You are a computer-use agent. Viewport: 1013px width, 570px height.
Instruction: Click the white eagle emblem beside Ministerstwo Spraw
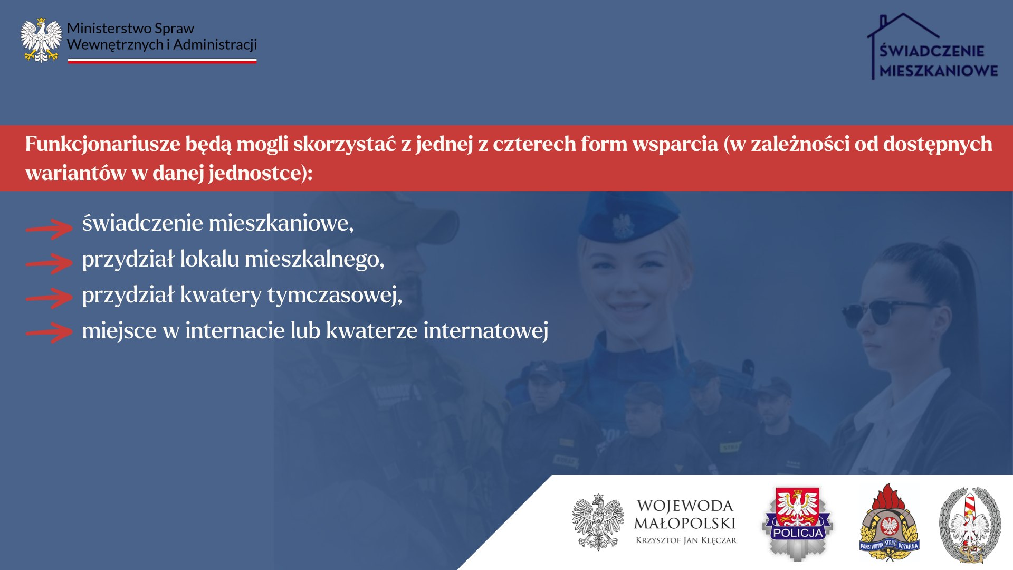tap(41, 41)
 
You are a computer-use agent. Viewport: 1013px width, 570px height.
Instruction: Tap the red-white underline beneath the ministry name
tap(162, 61)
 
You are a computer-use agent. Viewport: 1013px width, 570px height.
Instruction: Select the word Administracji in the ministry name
tap(215, 45)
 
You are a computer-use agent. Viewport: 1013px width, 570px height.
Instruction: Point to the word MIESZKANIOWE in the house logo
tap(939, 71)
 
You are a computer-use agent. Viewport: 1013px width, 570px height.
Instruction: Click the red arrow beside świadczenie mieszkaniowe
tap(49, 228)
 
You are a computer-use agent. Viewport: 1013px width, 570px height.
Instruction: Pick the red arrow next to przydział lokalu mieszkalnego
tap(49, 263)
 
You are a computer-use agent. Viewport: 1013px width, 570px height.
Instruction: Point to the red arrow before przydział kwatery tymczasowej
tap(49, 298)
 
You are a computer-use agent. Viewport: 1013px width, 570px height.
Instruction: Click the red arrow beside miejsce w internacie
tap(49, 332)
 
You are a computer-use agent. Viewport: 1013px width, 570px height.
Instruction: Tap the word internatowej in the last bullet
tap(486, 331)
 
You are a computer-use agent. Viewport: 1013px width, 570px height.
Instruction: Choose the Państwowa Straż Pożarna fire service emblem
tap(889, 522)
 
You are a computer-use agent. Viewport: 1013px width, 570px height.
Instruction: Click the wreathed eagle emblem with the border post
tap(970, 525)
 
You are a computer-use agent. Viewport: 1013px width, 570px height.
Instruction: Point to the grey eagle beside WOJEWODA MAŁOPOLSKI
tap(598, 522)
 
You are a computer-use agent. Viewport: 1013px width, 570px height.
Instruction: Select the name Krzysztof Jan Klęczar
tap(686, 540)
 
